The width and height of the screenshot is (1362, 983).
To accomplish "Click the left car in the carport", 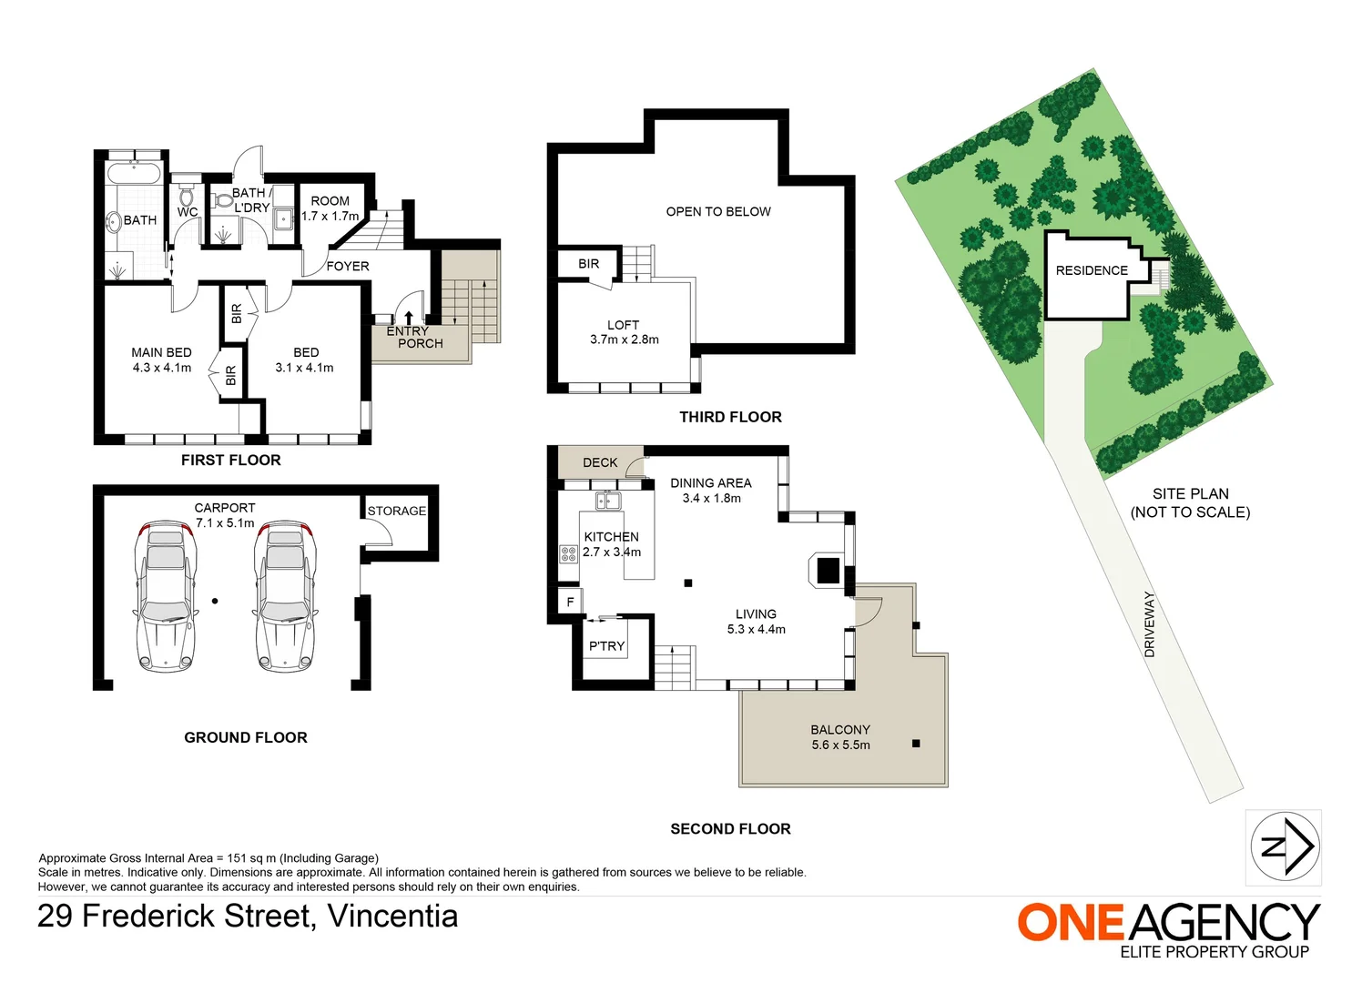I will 166,596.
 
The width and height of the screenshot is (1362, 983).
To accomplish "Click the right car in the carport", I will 285,596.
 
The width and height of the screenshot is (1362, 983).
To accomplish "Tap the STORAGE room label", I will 397,512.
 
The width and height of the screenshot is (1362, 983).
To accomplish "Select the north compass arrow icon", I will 1284,847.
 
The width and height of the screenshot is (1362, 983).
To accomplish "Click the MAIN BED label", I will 161,352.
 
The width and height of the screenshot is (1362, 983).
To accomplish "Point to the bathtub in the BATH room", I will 134,173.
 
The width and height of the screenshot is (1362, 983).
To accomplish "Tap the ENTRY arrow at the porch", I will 409,317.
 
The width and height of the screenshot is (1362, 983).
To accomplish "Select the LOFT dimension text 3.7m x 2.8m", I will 624,339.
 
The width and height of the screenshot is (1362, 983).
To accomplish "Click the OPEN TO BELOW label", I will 718,211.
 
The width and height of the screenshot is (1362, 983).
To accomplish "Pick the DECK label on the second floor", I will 600,462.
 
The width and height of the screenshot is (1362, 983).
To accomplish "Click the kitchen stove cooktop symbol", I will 568,553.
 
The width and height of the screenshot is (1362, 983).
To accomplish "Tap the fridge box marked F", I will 570,602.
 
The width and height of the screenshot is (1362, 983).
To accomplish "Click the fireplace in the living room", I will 827,570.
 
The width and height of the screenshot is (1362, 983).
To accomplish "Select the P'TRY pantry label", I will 606,646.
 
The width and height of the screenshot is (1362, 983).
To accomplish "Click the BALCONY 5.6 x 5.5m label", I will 840,737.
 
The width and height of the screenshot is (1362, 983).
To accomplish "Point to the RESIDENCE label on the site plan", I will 1091,270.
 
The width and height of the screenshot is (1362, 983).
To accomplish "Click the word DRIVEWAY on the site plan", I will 1149,624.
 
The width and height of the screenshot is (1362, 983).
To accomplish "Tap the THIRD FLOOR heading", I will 730,417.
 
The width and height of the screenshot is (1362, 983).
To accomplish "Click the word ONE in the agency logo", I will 1071,923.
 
